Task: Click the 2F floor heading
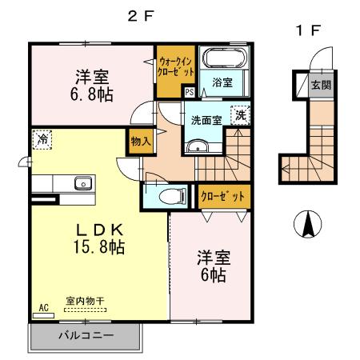140,16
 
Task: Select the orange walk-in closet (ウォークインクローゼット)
176,67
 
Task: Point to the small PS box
189,92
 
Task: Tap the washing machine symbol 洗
239,114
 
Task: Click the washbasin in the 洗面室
198,146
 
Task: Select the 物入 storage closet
140,142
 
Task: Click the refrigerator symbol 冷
41,139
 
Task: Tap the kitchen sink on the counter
82,183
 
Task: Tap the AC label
43,307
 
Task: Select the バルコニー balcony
85,336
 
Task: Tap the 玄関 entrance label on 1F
320,84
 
